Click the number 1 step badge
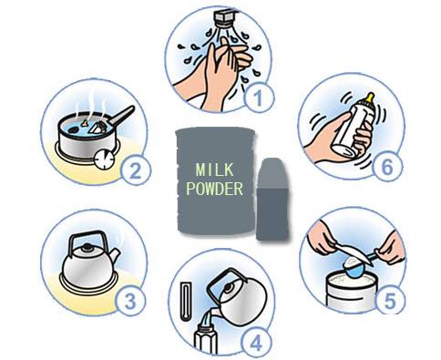click(259, 98)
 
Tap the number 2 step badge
click(136, 170)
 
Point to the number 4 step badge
click(256, 343)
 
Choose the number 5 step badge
click(390, 300)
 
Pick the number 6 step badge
click(387, 167)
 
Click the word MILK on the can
click(215, 170)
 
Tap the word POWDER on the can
click(215, 189)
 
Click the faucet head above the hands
click(226, 18)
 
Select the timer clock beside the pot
click(104, 159)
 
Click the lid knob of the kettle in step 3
click(88, 247)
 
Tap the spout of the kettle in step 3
click(114, 256)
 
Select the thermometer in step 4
click(185, 302)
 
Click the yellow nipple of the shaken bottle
click(370, 98)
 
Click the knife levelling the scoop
click(353, 253)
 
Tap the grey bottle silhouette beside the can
click(272, 199)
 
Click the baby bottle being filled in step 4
click(206, 340)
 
